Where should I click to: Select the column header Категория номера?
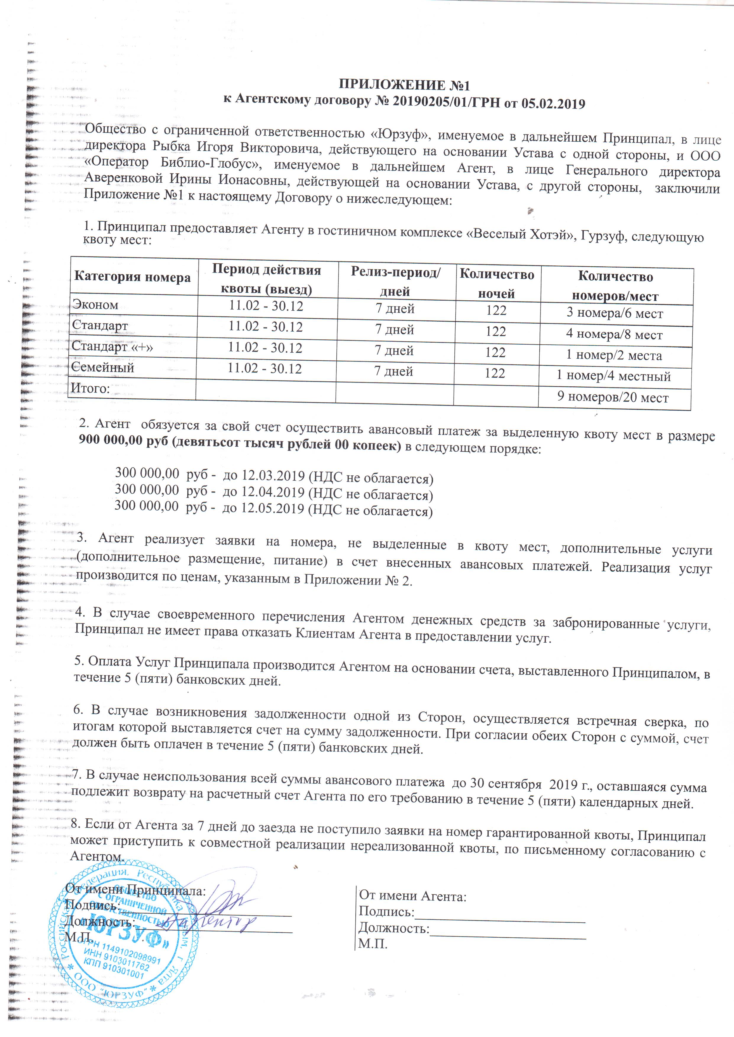132,276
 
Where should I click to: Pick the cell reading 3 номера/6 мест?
615,313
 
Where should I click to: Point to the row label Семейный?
103,367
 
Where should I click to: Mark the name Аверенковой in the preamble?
123,177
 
